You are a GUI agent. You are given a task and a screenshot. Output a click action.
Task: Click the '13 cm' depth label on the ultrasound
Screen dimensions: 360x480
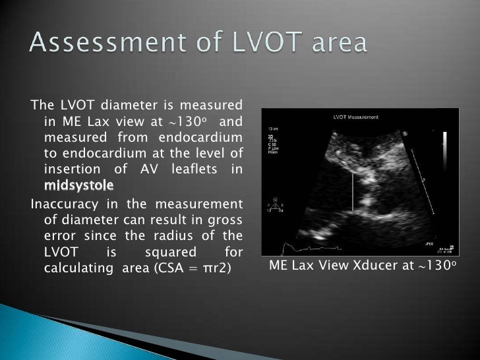coord(273,129)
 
